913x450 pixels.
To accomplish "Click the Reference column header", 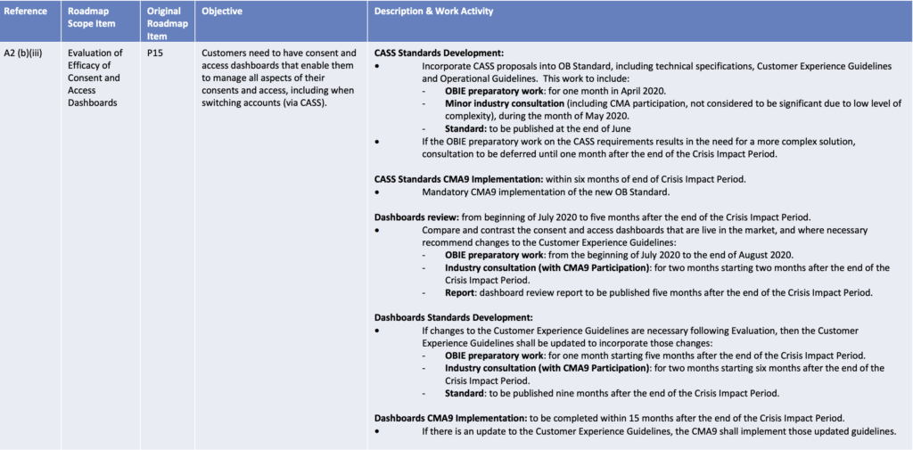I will pos(28,12).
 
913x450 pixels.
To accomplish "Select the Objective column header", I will pos(222,12).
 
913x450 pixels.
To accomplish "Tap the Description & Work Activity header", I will pos(433,12).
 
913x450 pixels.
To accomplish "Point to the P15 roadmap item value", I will pos(156,53).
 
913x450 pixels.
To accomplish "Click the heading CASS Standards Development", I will pos(439,53).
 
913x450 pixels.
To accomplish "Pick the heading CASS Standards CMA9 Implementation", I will pos(454,178).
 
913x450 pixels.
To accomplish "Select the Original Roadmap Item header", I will pos(167,23).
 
